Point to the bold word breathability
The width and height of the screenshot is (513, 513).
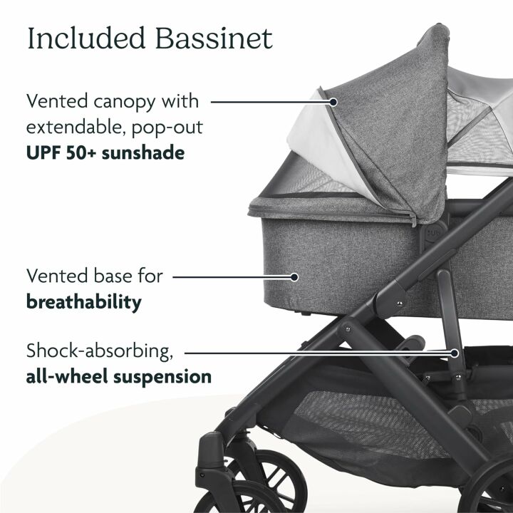click(83, 301)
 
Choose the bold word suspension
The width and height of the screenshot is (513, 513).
click(168, 376)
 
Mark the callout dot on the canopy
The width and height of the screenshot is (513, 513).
click(332, 102)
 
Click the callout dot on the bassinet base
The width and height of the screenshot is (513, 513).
click(296, 275)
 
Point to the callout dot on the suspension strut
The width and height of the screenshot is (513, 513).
click(454, 351)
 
